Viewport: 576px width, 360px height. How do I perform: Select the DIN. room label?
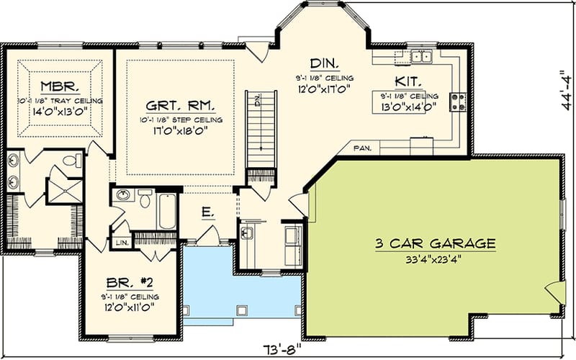pos(320,63)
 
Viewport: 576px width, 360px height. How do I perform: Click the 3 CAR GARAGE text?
pos(436,243)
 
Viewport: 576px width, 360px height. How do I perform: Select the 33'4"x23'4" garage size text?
pos(435,258)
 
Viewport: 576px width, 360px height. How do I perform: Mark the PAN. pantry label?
pos(363,149)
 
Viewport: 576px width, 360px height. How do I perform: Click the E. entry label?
pos(207,212)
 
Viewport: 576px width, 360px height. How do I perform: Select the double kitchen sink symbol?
pos(418,56)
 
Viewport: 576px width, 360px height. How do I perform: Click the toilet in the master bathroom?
pos(72,161)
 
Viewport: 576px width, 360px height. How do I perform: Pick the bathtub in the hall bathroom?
pos(167,210)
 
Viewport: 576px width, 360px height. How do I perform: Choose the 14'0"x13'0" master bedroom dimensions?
pos(56,113)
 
